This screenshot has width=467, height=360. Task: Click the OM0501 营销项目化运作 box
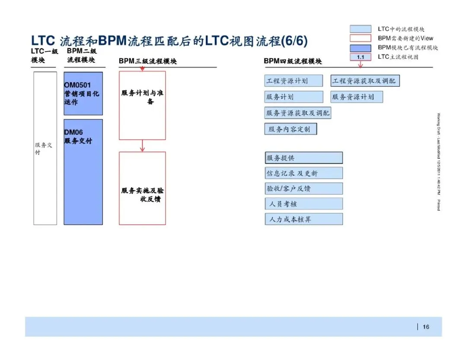coord(83,93)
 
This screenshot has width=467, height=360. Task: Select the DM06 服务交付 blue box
coord(83,172)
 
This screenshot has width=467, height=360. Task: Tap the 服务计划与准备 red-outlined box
coord(142,106)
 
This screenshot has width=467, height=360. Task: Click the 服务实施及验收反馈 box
coord(142,188)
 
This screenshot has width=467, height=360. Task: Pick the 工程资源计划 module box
coord(294,81)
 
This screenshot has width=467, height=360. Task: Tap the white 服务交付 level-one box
coord(45,148)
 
